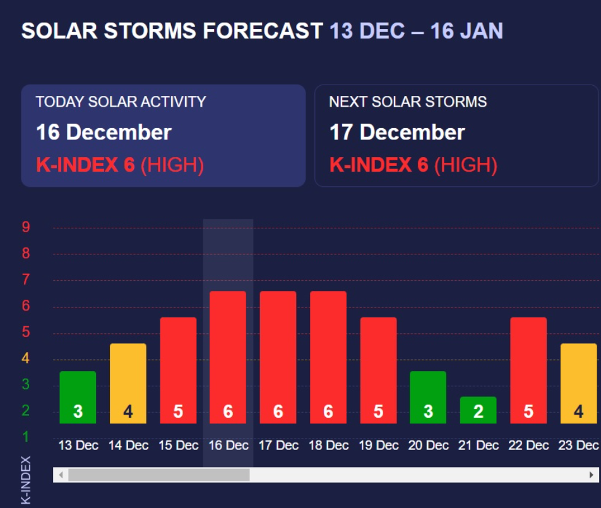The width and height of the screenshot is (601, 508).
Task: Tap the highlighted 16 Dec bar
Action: (x=228, y=357)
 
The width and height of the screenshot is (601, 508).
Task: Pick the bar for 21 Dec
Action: (x=479, y=410)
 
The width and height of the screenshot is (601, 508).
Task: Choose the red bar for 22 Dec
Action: (x=528, y=370)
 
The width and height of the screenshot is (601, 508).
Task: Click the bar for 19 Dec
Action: (x=378, y=370)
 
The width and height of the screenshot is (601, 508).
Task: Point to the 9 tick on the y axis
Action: (x=26, y=227)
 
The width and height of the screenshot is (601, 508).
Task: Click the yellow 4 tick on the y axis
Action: (x=26, y=358)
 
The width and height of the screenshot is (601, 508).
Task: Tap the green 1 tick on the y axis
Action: (x=26, y=437)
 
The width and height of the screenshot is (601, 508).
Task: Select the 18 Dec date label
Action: (x=328, y=446)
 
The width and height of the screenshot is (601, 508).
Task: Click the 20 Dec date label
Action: (x=429, y=446)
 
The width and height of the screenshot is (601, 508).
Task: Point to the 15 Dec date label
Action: (x=178, y=446)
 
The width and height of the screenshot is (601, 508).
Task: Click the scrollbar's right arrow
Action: (x=592, y=475)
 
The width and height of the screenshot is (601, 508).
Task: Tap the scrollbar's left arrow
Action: (x=61, y=475)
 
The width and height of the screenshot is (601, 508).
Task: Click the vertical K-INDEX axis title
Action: (x=26, y=480)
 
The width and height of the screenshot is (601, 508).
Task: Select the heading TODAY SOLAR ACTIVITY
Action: (x=121, y=102)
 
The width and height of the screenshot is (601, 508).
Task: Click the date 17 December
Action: (x=397, y=133)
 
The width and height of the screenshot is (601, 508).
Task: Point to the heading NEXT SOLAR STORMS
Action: (x=408, y=102)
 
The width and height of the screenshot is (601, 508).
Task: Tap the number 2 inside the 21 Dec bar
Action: (x=479, y=412)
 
